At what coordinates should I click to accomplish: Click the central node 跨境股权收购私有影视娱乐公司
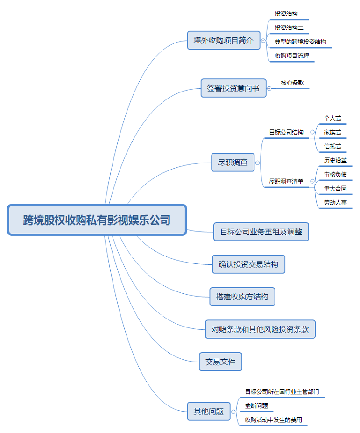point(97,220)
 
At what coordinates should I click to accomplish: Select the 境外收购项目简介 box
point(223,41)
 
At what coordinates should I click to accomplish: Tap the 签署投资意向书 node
point(233,88)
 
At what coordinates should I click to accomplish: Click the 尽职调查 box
point(233,163)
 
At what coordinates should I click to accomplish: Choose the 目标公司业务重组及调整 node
point(261,232)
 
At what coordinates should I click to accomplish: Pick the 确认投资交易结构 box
point(248,264)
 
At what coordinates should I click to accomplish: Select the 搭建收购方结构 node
point(242,297)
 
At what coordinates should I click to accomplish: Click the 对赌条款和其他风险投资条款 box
point(260,329)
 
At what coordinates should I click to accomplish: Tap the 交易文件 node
point(220,362)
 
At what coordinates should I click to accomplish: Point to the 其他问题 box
point(209,412)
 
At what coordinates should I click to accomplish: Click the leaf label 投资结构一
point(289,14)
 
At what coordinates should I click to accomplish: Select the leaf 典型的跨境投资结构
point(300,42)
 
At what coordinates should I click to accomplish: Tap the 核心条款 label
point(292,83)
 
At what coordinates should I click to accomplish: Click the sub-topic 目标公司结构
point(286,132)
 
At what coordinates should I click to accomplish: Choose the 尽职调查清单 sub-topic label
point(286,181)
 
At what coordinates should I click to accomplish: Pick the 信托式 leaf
point(332,146)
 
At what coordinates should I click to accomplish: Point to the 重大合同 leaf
point(335,188)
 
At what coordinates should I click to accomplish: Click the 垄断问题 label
point(256,405)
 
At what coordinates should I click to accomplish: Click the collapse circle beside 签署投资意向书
point(269,88)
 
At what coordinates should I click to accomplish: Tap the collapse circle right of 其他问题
point(233,412)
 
